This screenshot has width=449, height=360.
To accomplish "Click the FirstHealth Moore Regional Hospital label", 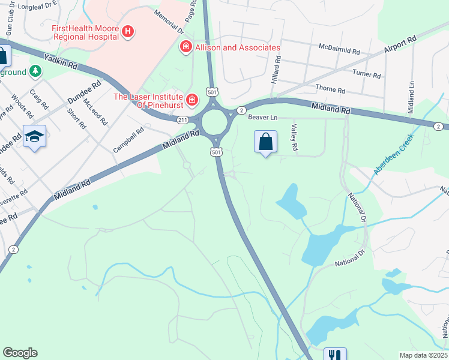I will [x=85, y=32].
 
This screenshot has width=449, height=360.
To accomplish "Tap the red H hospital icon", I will [x=127, y=32].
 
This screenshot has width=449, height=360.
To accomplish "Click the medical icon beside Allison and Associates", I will [x=186, y=47].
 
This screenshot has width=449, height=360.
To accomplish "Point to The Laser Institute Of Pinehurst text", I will [x=148, y=101].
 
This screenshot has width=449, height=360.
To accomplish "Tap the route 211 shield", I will [x=183, y=120].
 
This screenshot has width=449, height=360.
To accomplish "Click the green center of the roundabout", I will [x=215, y=123].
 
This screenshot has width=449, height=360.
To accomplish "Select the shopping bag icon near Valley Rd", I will [x=265, y=142].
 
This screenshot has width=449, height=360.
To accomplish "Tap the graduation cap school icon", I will [x=35, y=136].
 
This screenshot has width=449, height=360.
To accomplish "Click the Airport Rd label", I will [x=400, y=47].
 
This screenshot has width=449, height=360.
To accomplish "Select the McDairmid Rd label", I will [x=340, y=47].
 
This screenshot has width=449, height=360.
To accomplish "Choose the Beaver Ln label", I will [x=263, y=118].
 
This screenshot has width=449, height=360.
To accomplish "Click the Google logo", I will [x=20, y=353].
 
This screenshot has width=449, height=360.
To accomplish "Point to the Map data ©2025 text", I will [x=423, y=355].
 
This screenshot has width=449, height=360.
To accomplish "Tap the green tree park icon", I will [x=36, y=71].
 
